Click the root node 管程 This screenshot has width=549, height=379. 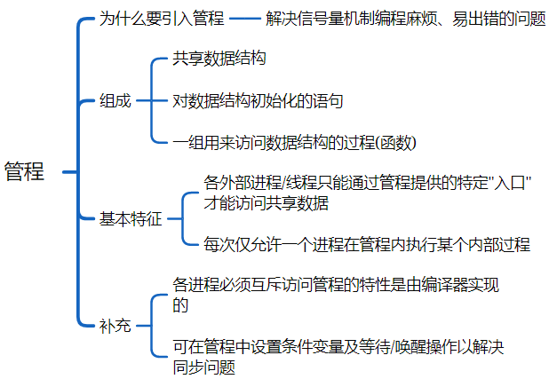[24, 172]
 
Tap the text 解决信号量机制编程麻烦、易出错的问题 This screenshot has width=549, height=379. [405, 19]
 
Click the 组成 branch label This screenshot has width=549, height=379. [115, 100]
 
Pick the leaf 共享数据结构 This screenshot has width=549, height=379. [219, 60]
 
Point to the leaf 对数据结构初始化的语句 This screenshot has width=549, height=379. [258, 100]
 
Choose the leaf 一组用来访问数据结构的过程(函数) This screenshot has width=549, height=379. [294, 142]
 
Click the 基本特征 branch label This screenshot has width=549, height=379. [131, 219]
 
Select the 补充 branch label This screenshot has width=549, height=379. [115, 325]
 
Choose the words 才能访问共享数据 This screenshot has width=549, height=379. [267, 203]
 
